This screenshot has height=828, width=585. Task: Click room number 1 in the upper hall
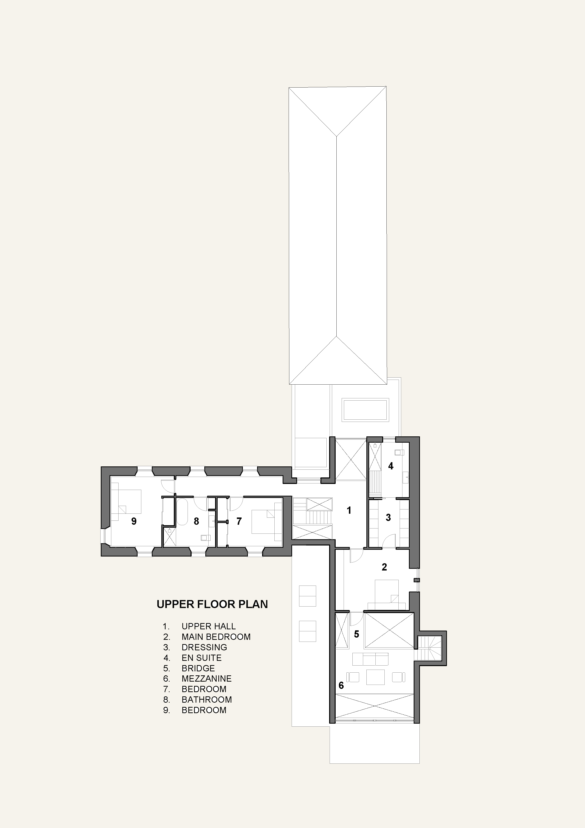(349, 510)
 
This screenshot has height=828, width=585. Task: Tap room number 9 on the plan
(134, 521)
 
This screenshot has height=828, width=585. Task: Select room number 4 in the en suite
(390, 466)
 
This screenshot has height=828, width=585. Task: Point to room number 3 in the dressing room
(388, 517)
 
